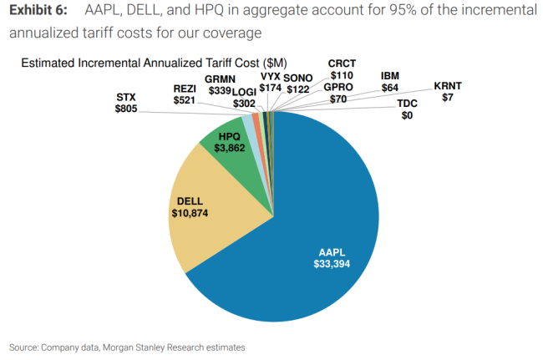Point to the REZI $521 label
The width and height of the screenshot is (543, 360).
click(x=185, y=94)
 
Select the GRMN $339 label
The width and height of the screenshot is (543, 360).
click(x=218, y=85)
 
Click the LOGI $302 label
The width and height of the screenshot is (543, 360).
click(x=244, y=97)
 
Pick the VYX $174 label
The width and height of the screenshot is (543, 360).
click(x=271, y=82)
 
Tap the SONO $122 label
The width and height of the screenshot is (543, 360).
click(x=298, y=82)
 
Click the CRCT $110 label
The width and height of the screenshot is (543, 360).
click(x=342, y=69)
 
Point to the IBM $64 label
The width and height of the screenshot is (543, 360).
click(x=390, y=81)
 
